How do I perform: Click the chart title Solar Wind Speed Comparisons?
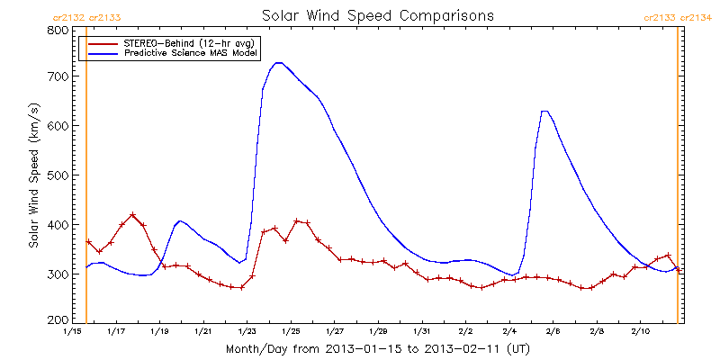pyautogui.click(x=377, y=16)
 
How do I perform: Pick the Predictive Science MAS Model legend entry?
pyautogui.click(x=184, y=53)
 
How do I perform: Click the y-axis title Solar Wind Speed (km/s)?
pyautogui.click(x=33, y=175)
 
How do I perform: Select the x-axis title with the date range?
pyautogui.click(x=377, y=348)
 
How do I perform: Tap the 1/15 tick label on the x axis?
pyautogui.click(x=72, y=332)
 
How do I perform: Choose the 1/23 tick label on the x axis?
pyautogui.click(x=247, y=332)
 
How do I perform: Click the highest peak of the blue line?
pyautogui.click(x=278, y=63)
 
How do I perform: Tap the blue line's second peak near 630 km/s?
pyautogui.click(x=544, y=111)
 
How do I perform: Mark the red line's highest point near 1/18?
pyautogui.click(x=133, y=215)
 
